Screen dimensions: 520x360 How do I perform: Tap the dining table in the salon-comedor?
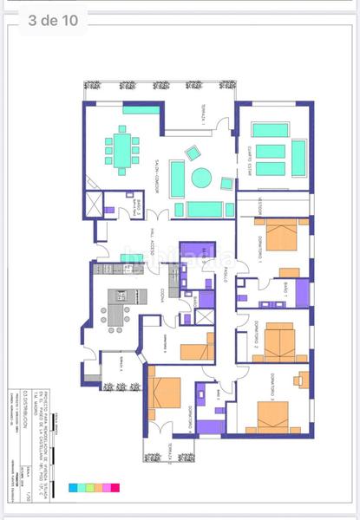coord(121,149)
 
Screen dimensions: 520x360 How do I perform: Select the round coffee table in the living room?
coord(201,178)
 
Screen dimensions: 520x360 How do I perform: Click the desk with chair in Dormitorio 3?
coord(301,379)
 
